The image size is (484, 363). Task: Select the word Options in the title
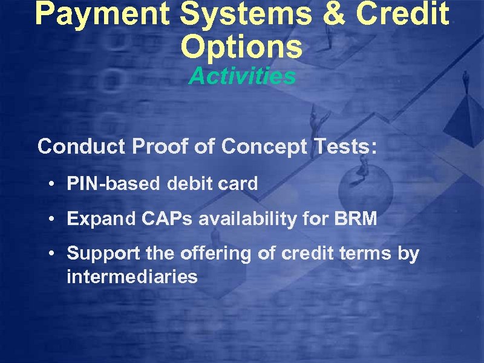241,47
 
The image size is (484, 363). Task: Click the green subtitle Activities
242,77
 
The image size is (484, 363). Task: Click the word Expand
97,219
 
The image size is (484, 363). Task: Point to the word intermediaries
132,277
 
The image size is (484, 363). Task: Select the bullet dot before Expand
54,220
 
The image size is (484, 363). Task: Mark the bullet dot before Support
54,255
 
